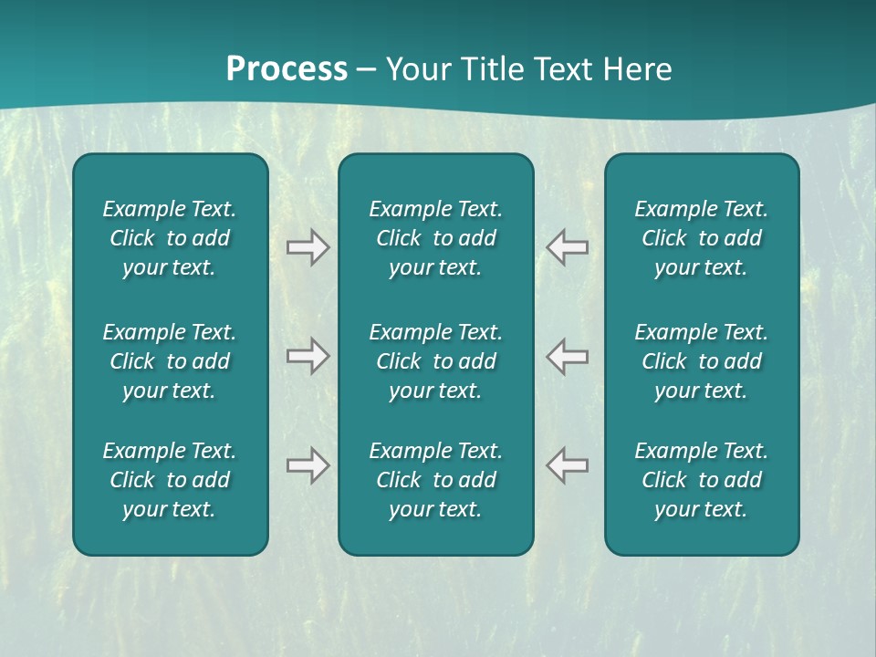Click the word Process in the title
(x=287, y=69)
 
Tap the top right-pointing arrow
(x=308, y=247)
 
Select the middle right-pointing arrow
(x=308, y=356)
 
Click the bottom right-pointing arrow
(x=308, y=465)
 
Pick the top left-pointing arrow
(x=568, y=247)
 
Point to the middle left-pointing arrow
(x=568, y=356)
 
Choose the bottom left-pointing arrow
(x=568, y=465)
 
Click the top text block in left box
(x=170, y=238)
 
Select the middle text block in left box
(x=170, y=361)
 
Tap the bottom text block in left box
(x=170, y=480)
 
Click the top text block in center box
(x=435, y=238)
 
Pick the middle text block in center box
(x=435, y=361)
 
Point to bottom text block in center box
(x=435, y=480)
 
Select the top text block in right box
(x=701, y=238)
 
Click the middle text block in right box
(x=701, y=361)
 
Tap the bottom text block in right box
(x=701, y=480)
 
